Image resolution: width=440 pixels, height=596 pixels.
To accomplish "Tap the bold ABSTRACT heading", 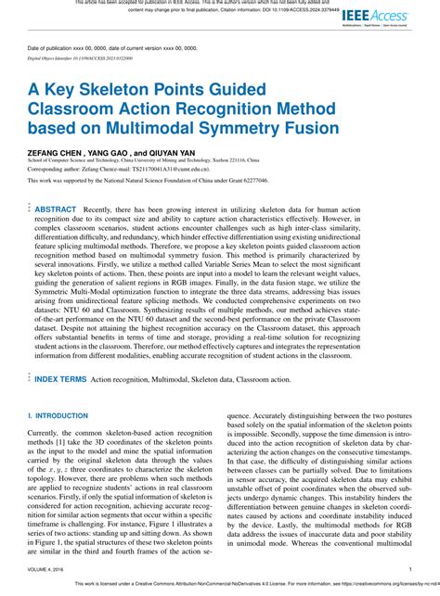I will (x=56, y=210).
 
